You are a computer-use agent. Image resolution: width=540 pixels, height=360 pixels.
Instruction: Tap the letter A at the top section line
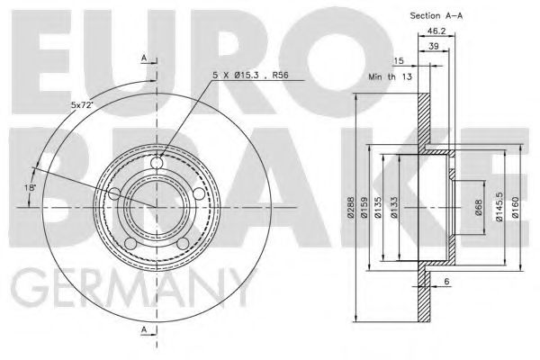[143, 58]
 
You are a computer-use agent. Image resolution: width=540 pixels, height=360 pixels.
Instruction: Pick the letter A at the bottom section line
[143, 330]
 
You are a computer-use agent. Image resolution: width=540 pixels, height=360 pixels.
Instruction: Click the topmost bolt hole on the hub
[157, 164]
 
